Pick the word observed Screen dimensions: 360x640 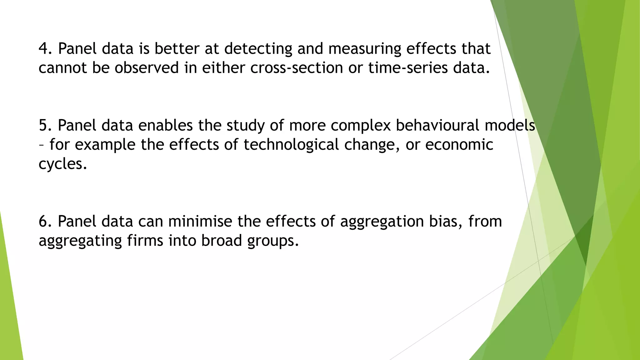(147, 68)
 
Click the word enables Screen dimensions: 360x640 (165, 125)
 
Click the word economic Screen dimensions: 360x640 (459, 145)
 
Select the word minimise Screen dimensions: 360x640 (200, 221)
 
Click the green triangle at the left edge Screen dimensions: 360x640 (9, 312)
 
